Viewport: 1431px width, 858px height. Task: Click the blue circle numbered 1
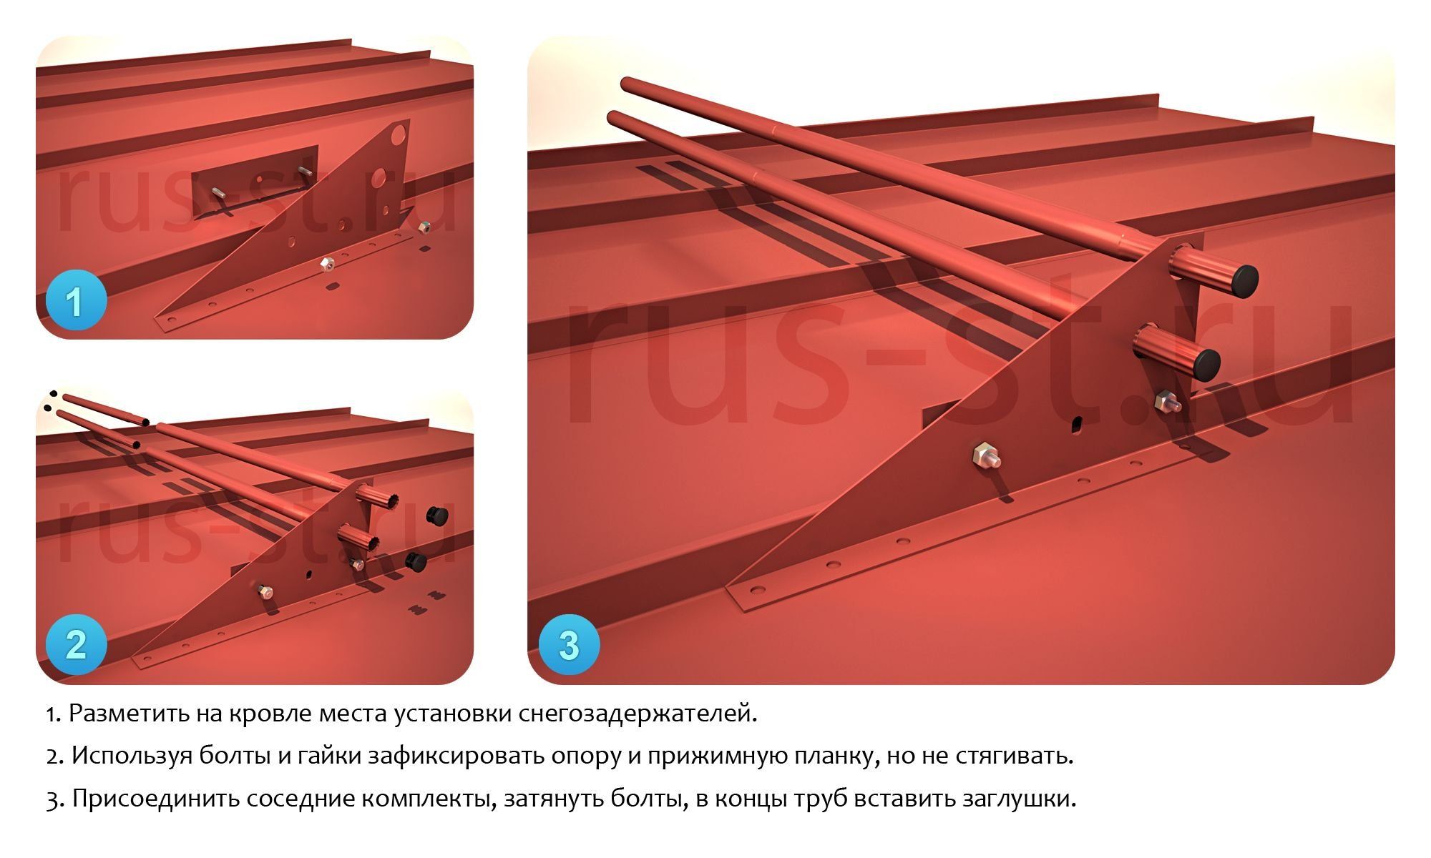tap(76, 301)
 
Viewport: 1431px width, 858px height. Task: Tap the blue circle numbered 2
tap(76, 645)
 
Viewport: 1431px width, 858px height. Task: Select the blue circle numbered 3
tap(569, 645)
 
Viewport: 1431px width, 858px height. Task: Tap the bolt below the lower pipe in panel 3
tap(1166, 401)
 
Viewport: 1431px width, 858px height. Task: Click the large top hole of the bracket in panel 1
tap(399, 134)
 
